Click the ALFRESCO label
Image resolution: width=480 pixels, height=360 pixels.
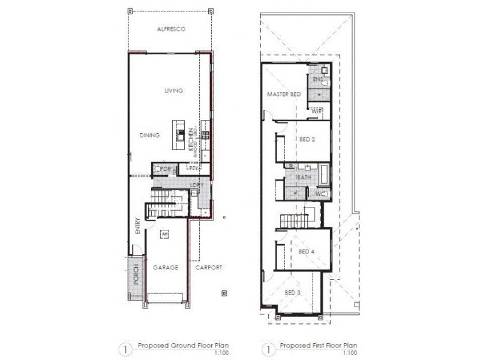tap(170, 29)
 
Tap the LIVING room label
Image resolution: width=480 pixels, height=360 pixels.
tap(174, 91)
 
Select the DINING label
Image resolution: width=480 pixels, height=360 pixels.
tap(149, 136)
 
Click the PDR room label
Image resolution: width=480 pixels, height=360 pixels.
tap(165, 169)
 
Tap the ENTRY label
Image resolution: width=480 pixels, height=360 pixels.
tap(138, 226)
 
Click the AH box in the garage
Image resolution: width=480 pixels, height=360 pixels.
tap(164, 233)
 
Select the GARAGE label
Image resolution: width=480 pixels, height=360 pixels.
tap(165, 268)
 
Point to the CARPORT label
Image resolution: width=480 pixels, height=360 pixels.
tap(209, 268)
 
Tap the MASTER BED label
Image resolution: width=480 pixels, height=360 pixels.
tap(284, 95)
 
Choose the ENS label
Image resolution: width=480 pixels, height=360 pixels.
tap(318, 79)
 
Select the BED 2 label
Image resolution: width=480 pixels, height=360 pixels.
tap(307, 139)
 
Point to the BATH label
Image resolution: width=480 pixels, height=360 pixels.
tap(303, 178)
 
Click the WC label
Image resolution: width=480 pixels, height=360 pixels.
tap(320, 194)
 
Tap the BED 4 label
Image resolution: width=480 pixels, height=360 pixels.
tap(307, 252)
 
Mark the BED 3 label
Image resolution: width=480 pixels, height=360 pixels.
tap(292, 292)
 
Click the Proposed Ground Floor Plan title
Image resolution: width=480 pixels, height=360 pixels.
tap(183, 346)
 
